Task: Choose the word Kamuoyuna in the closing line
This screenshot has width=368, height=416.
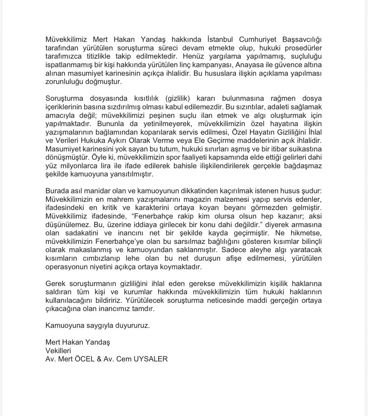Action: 62,326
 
